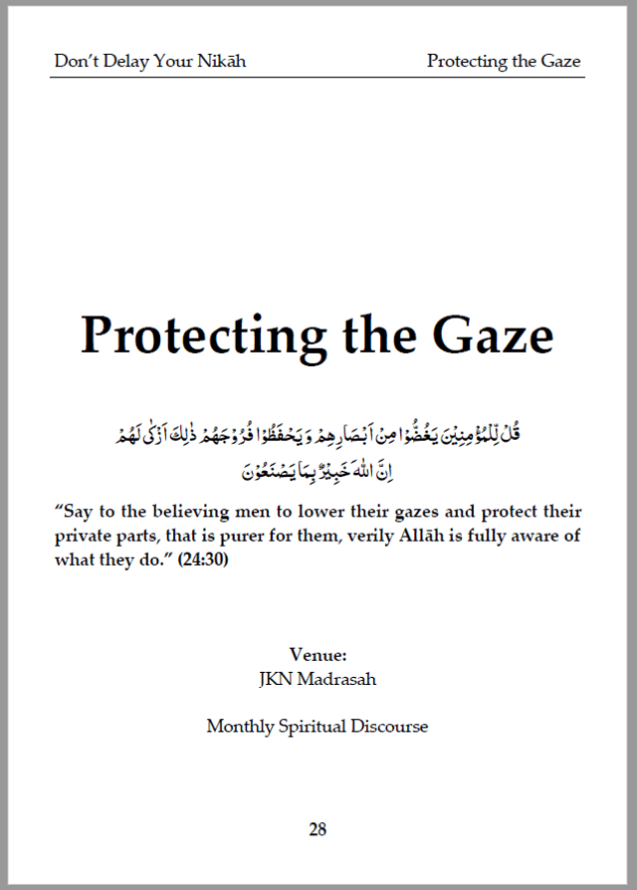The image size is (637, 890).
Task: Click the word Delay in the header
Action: (x=122, y=62)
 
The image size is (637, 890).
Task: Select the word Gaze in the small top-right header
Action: (x=561, y=62)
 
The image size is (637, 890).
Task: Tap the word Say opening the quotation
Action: (x=80, y=513)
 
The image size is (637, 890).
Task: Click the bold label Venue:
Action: (x=318, y=655)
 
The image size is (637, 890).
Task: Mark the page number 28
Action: (x=318, y=828)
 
